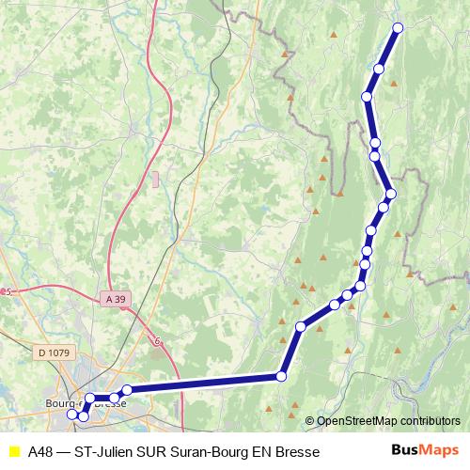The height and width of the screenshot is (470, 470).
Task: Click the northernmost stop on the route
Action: (x=397, y=27)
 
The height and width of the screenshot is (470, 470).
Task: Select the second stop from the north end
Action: (x=380, y=68)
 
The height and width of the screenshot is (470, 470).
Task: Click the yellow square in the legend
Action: (x=13, y=451)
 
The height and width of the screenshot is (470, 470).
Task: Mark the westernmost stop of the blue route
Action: (x=72, y=414)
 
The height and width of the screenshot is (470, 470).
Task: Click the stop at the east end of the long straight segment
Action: (x=281, y=377)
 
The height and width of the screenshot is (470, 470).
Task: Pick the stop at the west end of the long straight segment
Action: (x=127, y=390)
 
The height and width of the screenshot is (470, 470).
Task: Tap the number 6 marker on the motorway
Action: (x=158, y=341)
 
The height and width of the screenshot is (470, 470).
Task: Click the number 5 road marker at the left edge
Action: (x=8, y=292)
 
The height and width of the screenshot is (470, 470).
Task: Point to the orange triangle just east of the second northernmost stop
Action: (x=395, y=84)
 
